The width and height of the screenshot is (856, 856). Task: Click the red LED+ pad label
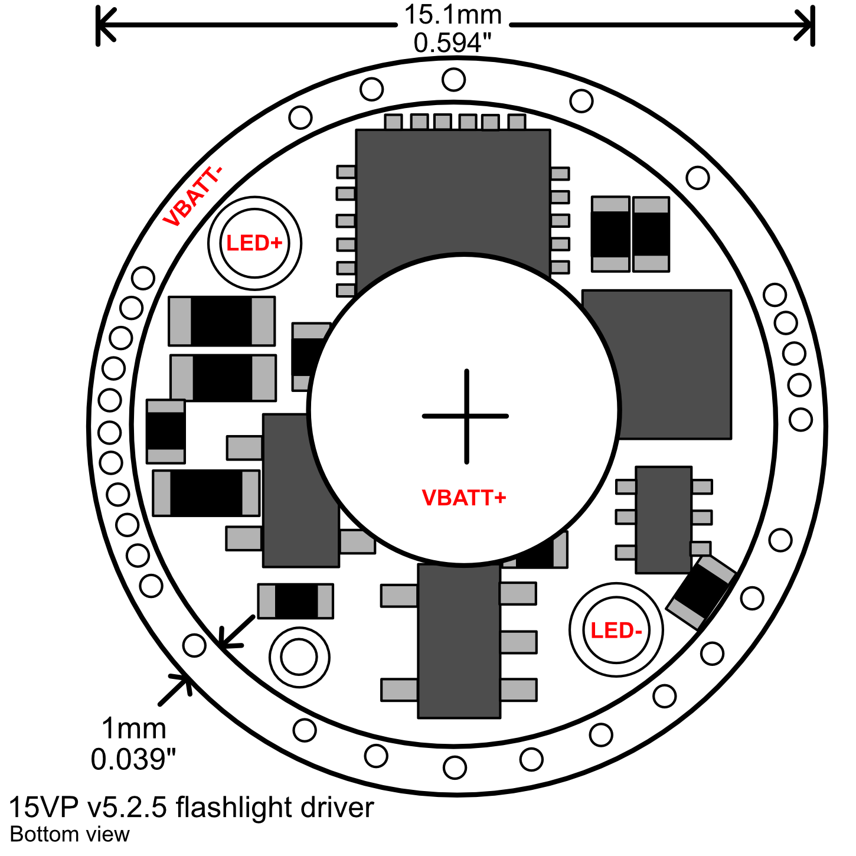point(254,243)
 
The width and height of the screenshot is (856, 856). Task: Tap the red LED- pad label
point(616,630)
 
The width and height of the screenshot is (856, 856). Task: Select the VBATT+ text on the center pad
point(464,498)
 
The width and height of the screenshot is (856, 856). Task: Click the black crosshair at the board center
point(466,416)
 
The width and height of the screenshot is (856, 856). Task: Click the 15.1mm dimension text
point(453,15)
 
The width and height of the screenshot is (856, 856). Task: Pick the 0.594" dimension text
point(453,43)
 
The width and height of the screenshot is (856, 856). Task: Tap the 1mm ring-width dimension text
point(134,729)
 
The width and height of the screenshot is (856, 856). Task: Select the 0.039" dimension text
point(134,759)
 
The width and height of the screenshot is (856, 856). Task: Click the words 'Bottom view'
point(70,835)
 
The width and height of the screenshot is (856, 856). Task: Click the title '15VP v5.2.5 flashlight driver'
point(191,808)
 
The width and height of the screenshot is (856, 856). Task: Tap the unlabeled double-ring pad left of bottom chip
point(299,657)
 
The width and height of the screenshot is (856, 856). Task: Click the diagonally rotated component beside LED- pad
point(701,593)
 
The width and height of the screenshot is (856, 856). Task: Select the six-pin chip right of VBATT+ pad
point(664,520)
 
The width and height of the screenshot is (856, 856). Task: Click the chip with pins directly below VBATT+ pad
point(459,641)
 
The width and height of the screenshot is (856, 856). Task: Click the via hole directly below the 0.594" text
point(453,80)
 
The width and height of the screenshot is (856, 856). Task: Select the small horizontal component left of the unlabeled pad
point(295,601)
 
